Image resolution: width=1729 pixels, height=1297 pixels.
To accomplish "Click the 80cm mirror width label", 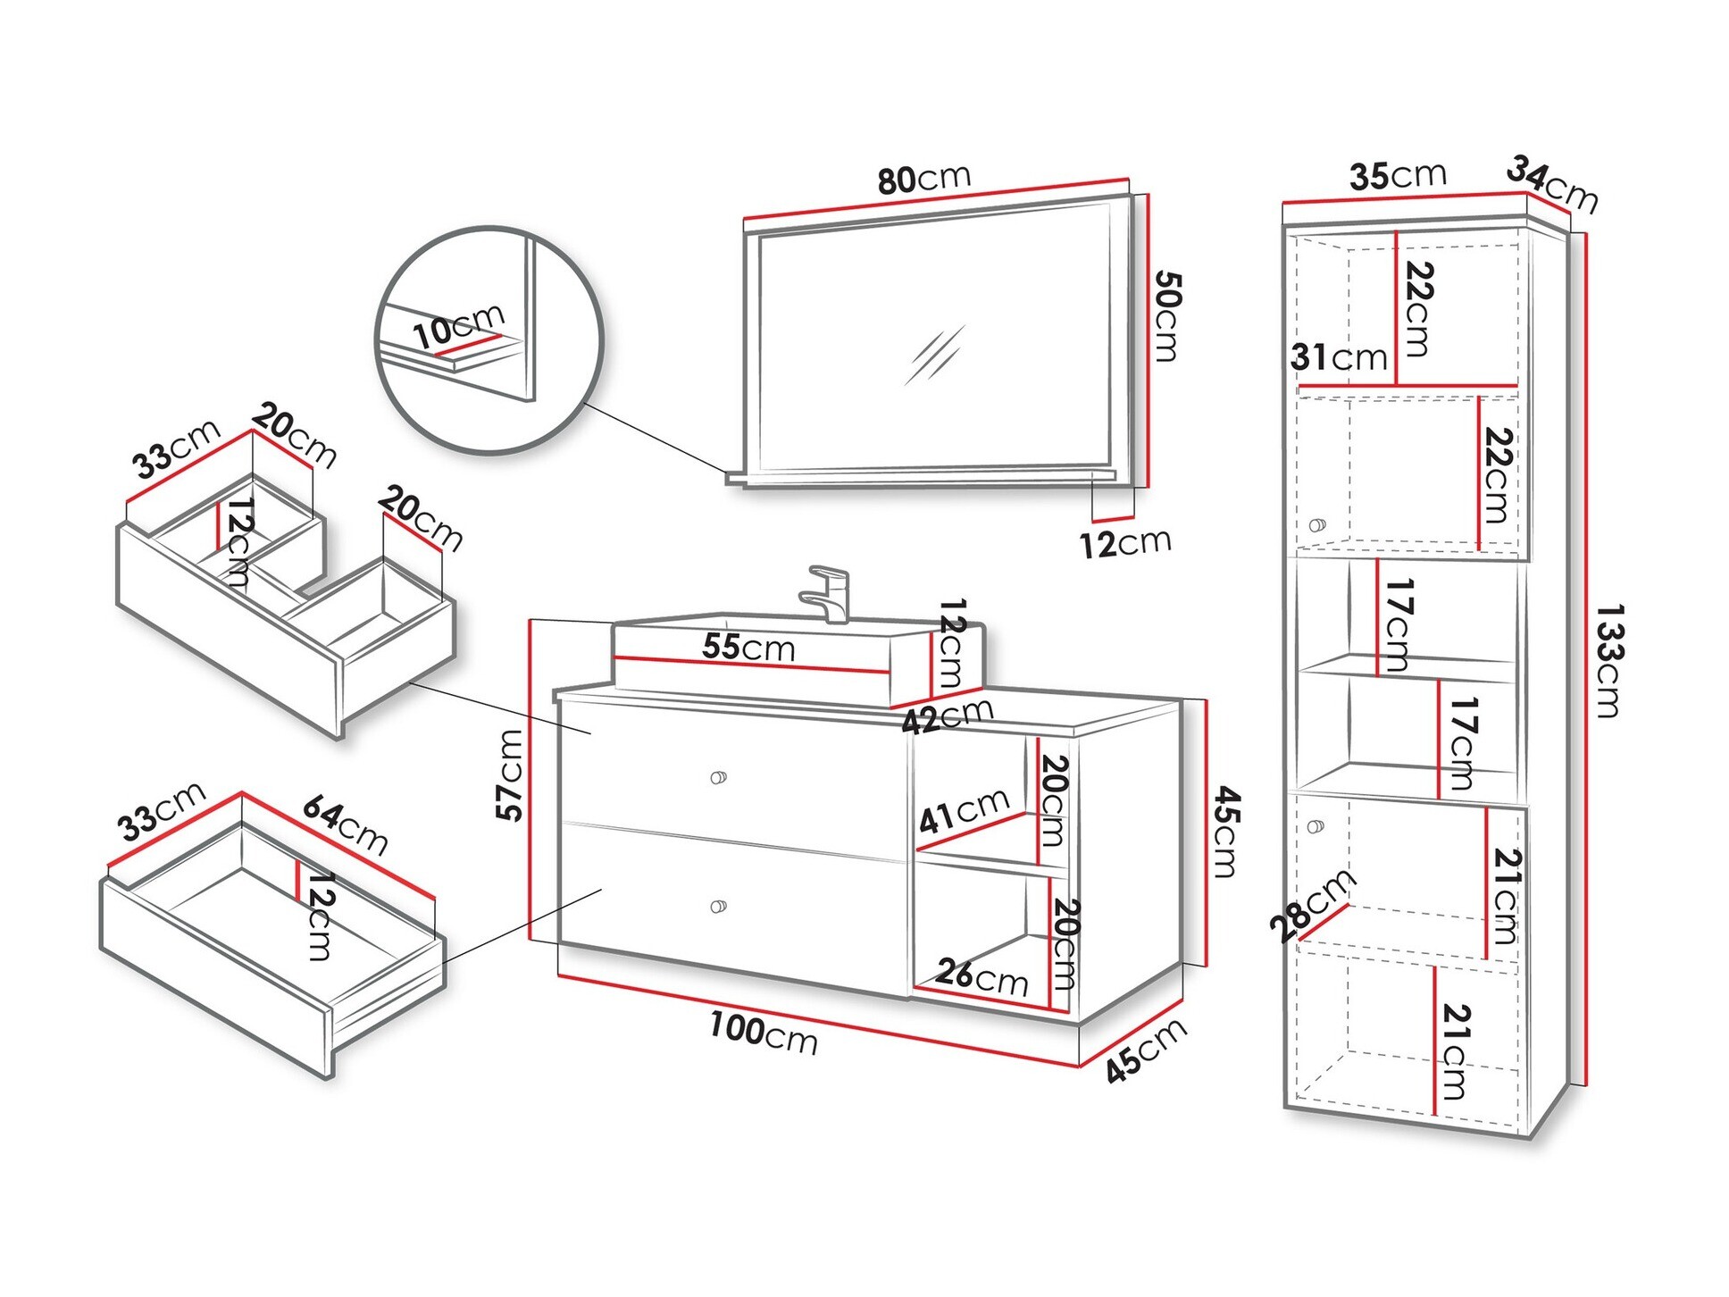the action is [923, 178].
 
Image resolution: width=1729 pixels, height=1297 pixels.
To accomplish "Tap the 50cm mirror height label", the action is [1166, 316].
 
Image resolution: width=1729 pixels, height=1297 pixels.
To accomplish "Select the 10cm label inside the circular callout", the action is [459, 326].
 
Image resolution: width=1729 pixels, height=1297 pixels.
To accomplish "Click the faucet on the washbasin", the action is [830, 593].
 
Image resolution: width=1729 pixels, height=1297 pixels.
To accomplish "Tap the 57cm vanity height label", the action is [510, 774].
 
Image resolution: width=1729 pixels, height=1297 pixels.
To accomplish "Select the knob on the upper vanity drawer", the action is [718, 777].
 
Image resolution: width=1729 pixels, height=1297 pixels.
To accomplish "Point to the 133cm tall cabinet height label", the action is [1608, 661].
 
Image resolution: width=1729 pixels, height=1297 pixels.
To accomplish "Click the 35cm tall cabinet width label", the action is [1398, 175].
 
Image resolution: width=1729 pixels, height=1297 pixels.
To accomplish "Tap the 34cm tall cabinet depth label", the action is [1552, 185].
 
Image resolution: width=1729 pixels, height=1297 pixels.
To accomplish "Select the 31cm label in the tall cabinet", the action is [1339, 357].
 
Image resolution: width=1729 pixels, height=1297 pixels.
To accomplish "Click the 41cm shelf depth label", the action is [965, 809].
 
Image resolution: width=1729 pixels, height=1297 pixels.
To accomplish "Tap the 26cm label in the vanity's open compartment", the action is [981, 976].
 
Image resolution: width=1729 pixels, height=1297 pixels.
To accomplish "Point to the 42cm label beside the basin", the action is [948, 715].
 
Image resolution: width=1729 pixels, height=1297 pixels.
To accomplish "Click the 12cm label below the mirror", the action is [1125, 542].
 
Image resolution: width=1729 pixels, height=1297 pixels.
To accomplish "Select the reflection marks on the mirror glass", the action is [934, 354].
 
